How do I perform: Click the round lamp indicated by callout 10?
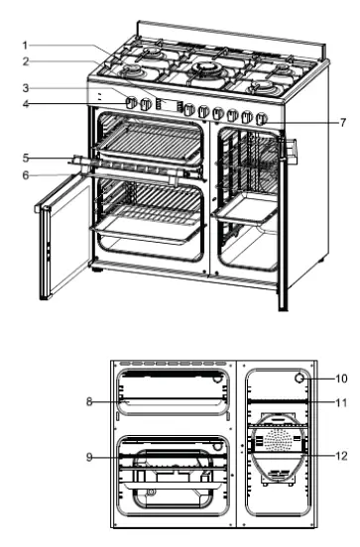[x=298, y=379]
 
